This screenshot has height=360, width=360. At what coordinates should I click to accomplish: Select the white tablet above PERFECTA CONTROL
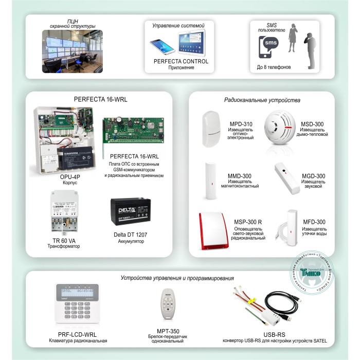(191, 43)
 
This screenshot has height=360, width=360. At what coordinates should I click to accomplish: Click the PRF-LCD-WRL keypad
(76, 305)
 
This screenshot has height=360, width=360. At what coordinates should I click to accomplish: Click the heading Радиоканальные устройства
(262, 100)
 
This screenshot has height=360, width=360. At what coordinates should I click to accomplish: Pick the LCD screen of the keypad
(75, 291)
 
